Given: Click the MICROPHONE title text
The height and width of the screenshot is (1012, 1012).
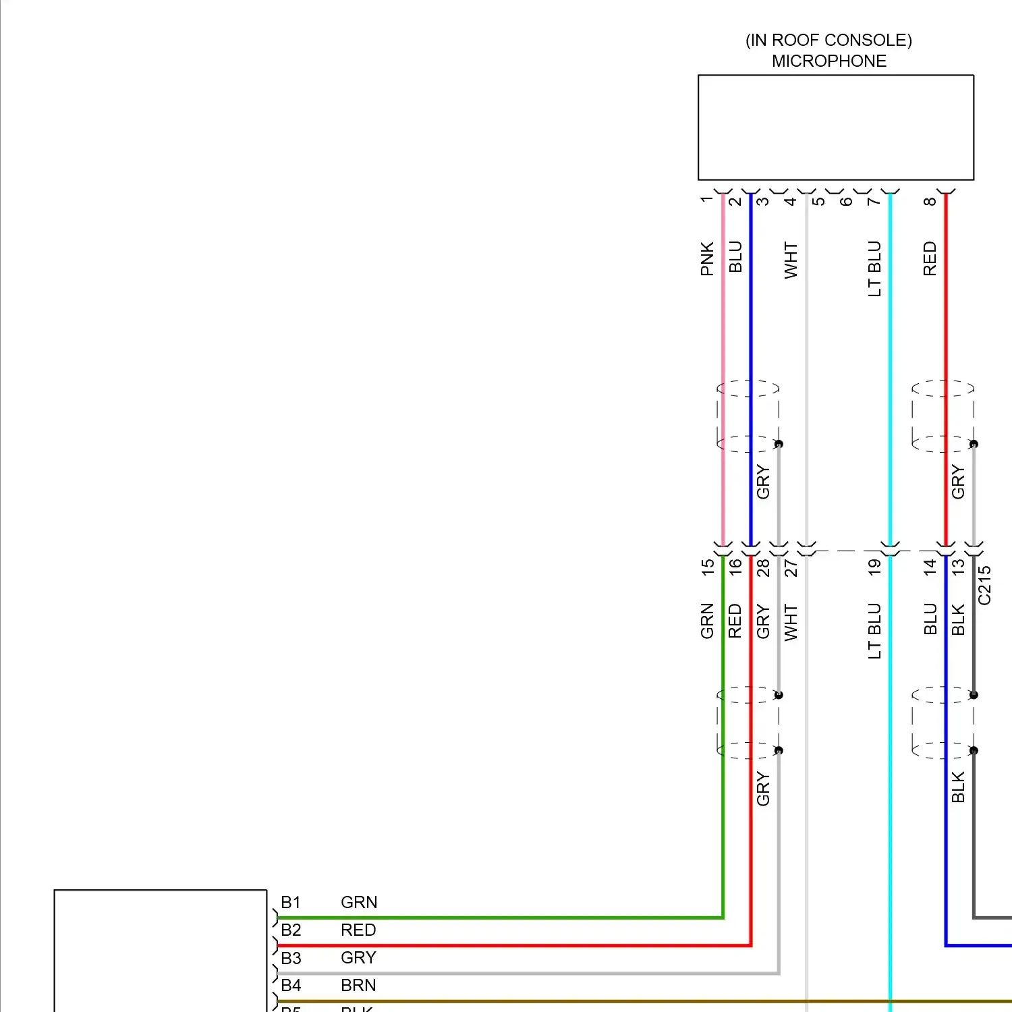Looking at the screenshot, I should [x=828, y=61].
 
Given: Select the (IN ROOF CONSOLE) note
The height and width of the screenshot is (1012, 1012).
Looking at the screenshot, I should [x=828, y=40].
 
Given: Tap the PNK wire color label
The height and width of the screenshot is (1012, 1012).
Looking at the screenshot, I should [x=707, y=259].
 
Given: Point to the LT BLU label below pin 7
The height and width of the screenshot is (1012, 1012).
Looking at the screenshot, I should [x=874, y=269].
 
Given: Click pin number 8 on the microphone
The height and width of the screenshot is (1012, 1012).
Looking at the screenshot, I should [x=930, y=202].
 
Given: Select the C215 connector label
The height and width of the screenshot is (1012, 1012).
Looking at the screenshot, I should [x=984, y=585].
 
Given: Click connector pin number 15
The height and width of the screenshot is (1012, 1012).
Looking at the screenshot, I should [x=707, y=567].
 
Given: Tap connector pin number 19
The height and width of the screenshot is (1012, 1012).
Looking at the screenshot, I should [x=874, y=567].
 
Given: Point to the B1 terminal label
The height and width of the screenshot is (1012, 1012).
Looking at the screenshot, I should [x=291, y=903].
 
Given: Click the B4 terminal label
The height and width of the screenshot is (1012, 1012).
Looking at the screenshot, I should [x=291, y=986].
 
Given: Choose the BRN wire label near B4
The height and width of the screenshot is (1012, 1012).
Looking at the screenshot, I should [x=358, y=986].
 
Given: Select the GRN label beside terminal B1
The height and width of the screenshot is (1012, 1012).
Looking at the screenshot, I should [x=359, y=903].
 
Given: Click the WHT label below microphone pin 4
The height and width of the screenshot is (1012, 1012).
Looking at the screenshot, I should [x=791, y=260].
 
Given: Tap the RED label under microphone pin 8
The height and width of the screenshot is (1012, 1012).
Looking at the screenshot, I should [x=930, y=259].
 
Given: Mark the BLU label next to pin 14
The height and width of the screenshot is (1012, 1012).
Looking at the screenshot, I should [x=930, y=619].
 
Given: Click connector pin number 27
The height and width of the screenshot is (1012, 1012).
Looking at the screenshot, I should [x=791, y=568].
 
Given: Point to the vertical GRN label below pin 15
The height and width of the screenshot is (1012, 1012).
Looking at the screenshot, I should [x=707, y=621].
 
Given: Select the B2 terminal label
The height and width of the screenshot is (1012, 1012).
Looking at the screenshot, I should [x=291, y=930].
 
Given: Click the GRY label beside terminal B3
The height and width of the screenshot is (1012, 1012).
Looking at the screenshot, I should [x=358, y=958].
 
